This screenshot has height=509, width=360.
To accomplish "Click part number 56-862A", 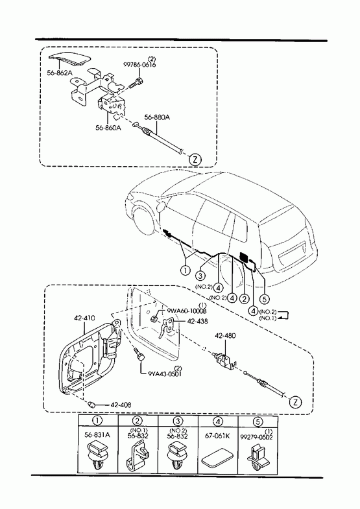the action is [x=60, y=73].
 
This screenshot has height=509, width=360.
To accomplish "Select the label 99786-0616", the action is [x=139, y=65].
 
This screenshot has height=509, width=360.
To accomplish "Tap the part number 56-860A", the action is [x=108, y=128].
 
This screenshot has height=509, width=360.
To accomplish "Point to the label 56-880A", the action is [x=157, y=117].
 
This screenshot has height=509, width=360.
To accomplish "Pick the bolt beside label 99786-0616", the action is [x=136, y=83].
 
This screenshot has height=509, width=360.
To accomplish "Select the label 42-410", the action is [x=84, y=318].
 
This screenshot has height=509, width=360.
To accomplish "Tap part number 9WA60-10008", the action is [x=187, y=311].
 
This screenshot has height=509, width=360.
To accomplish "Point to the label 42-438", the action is [x=197, y=322].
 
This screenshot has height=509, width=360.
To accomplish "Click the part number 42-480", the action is [x=225, y=336].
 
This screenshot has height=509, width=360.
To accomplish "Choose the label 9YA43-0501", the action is [x=165, y=373].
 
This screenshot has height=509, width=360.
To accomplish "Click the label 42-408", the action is [x=121, y=405].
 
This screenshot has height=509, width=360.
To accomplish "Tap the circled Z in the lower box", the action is [x=295, y=402].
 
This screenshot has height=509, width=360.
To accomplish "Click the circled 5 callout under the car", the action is [x=265, y=298].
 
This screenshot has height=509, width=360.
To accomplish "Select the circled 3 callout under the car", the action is [x=200, y=276].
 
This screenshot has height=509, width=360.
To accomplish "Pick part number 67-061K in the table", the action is [x=217, y=435].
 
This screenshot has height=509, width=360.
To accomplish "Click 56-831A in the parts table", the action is [x=97, y=435].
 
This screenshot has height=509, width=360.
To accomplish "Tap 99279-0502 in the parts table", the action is [x=256, y=437].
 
